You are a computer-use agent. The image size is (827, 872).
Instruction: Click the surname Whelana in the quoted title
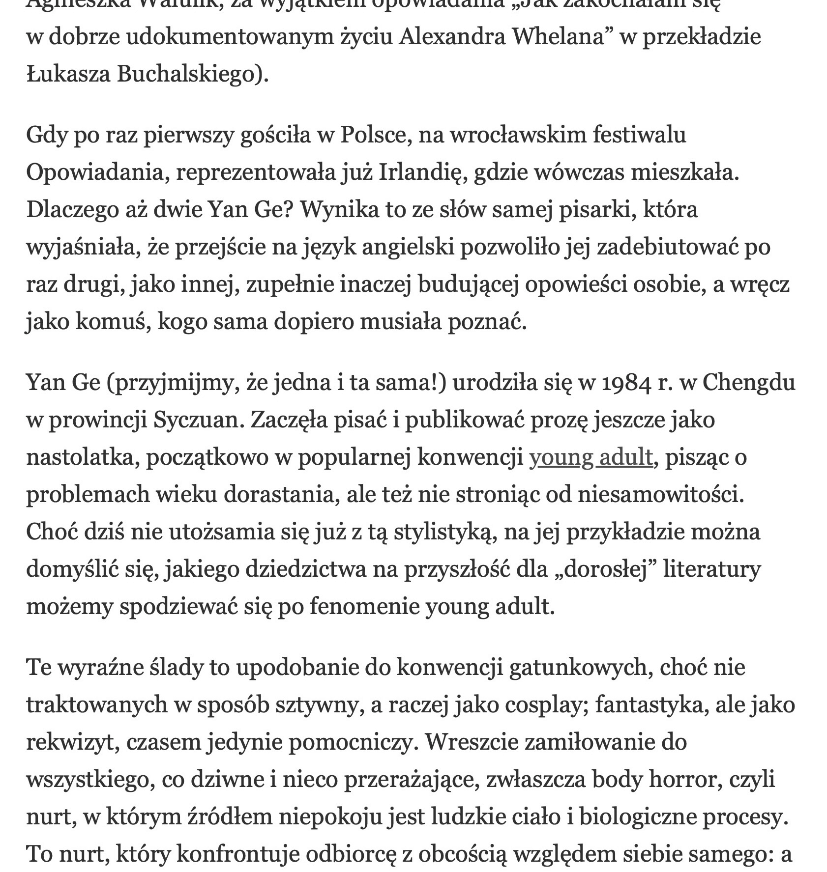pos(558,37)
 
